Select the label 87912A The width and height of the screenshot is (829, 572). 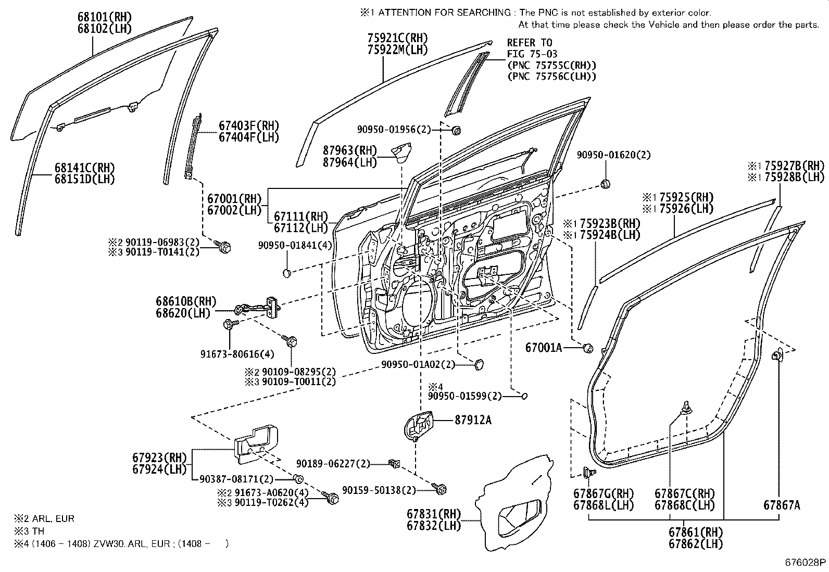click(x=473, y=420)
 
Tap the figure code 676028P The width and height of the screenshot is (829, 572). click(x=805, y=562)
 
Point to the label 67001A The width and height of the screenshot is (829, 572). click(x=544, y=348)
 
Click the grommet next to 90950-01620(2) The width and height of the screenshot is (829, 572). click(x=605, y=184)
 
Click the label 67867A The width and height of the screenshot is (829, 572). click(x=782, y=504)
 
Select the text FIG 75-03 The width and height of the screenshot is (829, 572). click(x=532, y=54)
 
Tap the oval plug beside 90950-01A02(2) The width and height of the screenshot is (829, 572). click(x=479, y=363)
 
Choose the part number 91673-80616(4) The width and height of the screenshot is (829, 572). click(x=237, y=354)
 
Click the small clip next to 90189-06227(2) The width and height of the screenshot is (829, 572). click(x=394, y=463)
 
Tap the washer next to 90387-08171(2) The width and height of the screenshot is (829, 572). click(x=298, y=479)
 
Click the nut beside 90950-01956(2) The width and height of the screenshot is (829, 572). click(x=456, y=130)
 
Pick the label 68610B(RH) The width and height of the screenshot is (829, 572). click(x=186, y=301)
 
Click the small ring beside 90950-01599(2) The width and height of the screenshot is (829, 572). click(x=525, y=396)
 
